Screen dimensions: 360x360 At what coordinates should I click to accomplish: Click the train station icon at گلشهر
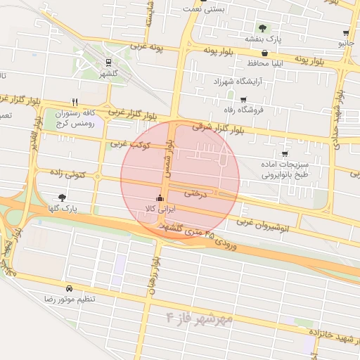(108, 62)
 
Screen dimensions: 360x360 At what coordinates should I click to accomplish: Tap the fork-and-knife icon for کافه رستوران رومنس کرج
(75, 101)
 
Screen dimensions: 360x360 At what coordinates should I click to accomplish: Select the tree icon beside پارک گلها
(62, 198)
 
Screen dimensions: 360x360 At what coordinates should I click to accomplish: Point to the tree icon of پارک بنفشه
(262, 28)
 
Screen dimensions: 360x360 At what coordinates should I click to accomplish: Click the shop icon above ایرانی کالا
(160, 198)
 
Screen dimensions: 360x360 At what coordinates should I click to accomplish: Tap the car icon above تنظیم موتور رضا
(69, 288)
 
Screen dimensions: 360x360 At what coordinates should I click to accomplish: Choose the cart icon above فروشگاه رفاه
(243, 99)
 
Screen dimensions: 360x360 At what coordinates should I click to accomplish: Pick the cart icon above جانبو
(346, 33)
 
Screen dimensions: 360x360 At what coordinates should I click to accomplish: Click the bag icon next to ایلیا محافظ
(264, 53)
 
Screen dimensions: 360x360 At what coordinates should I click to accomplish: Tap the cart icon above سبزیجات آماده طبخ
(284, 154)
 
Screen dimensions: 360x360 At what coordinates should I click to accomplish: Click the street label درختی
(196, 192)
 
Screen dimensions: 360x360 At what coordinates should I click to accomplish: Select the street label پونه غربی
(147, 49)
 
